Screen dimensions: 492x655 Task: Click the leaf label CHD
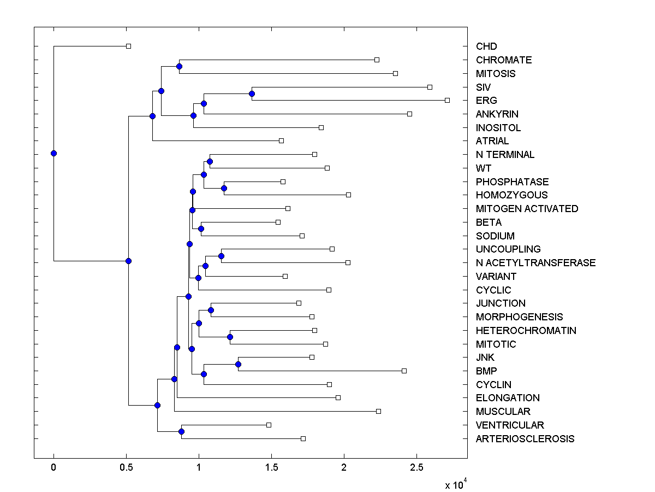486,46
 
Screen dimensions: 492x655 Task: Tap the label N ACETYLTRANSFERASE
535,263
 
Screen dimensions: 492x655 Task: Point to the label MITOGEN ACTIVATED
527,209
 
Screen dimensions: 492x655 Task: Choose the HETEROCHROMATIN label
526,331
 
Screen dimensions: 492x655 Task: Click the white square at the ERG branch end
447,100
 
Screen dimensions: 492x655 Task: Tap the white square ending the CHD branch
128,46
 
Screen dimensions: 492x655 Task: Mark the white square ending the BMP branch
404,371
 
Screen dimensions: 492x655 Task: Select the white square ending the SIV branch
430,87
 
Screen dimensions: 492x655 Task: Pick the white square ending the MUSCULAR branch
378,411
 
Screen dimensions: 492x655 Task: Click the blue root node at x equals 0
53,153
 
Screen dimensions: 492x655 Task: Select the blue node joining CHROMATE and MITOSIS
179,66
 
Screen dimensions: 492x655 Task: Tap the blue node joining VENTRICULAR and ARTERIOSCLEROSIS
181,432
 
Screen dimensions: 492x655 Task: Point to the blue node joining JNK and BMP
238,364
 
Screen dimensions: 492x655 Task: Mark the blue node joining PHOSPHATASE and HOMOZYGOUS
224,188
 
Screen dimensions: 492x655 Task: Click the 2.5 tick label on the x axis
416,467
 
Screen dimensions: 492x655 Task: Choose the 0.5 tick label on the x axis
126,467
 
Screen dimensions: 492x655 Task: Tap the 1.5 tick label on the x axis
271,467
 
